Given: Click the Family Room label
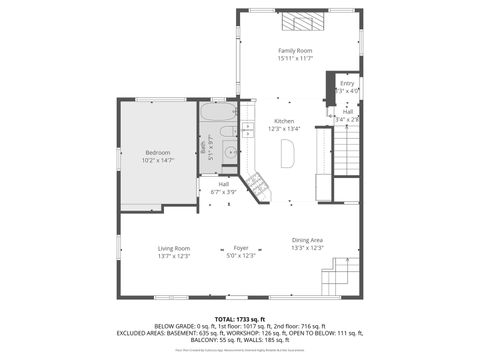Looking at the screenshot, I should (295, 50).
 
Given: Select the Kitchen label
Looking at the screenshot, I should (285, 120).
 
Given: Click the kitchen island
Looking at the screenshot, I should (289, 152).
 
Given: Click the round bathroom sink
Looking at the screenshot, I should (228, 152).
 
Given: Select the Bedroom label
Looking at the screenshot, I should (157, 152).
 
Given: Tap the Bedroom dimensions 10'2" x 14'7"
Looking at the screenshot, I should (157, 160).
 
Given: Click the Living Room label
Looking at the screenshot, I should (173, 248).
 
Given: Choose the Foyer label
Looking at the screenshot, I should (241, 248).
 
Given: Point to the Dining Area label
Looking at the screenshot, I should (307, 240).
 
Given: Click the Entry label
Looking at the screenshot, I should (347, 83).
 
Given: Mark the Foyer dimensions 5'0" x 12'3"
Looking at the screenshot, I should (241, 256).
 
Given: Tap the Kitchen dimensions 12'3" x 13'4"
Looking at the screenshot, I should (285, 128).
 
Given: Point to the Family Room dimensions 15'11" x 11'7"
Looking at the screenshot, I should (295, 58).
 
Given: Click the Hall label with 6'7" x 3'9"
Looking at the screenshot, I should (224, 184).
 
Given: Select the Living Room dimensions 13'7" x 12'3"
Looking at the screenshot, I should (173, 256).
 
